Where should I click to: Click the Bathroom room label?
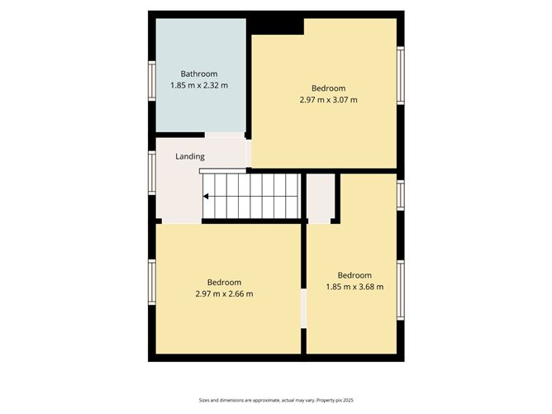pyautogui.click(x=199, y=74)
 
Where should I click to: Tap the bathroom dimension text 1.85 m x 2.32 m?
pyautogui.click(x=199, y=85)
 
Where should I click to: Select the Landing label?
pyautogui.click(x=190, y=156)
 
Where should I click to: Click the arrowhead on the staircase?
pyautogui.click(x=206, y=196)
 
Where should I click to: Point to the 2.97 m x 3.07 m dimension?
pyautogui.click(x=328, y=100)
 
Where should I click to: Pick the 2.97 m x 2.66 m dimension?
pyautogui.click(x=224, y=293)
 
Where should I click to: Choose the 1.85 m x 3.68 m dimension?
pyautogui.click(x=355, y=287)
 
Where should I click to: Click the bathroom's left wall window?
pyautogui.click(x=152, y=81)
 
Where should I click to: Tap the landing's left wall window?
pyautogui.click(x=152, y=172)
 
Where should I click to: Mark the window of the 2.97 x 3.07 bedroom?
pyautogui.click(x=401, y=76)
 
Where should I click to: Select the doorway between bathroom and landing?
pyautogui.click(x=225, y=135)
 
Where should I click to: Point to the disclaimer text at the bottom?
pyautogui.click(x=276, y=398)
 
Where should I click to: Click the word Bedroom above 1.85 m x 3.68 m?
pyautogui.click(x=355, y=275)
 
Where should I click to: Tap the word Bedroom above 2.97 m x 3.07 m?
pyautogui.click(x=328, y=88)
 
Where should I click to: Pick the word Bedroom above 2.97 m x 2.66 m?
pyautogui.click(x=224, y=282)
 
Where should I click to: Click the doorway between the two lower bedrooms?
pyautogui.click(x=303, y=307)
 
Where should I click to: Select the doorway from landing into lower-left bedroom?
pyautogui.click(x=181, y=221)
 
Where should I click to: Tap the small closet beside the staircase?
pyautogui.click(x=320, y=197)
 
